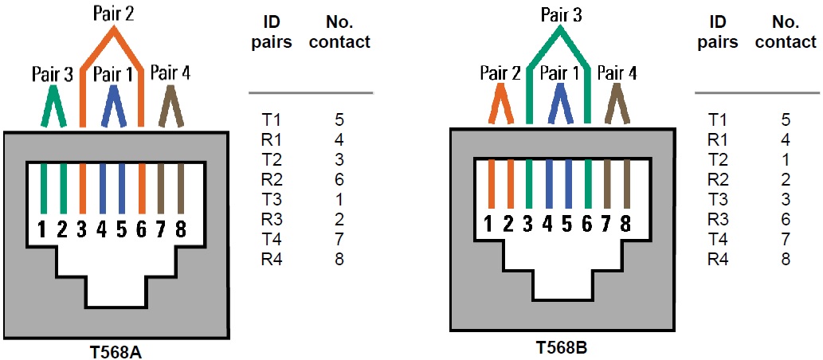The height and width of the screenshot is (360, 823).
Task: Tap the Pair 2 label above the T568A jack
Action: pyautogui.click(x=113, y=14)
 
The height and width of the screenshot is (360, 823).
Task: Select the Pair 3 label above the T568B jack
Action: pyautogui.click(x=560, y=14)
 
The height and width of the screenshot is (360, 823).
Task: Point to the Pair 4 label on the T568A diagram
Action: pyautogui.click(x=170, y=74)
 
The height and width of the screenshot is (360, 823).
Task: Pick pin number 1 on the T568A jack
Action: pyautogui.click(x=43, y=229)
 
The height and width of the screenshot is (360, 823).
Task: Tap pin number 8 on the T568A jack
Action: pyautogui.click(x=181, y=229)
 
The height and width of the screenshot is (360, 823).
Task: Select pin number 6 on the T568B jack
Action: pyautogui.click(x=587, y=225)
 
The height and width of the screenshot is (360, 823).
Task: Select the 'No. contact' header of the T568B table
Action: pyautogui.click(x=786, y=32)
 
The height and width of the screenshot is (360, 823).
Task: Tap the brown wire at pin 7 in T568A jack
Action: pyautogui.click(x=161, y=187)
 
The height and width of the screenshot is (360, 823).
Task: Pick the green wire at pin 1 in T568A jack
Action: pyautogui.click(x=43, y=187)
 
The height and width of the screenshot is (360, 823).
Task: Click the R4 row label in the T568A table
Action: pyautogui.click(x=271, y=258)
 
